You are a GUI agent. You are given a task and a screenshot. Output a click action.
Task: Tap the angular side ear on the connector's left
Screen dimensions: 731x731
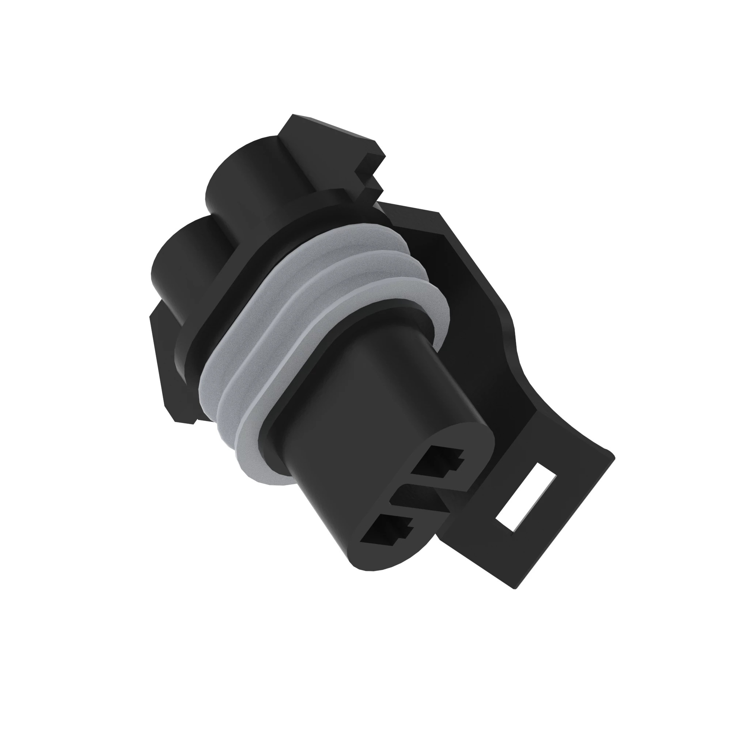coord(166,363)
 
